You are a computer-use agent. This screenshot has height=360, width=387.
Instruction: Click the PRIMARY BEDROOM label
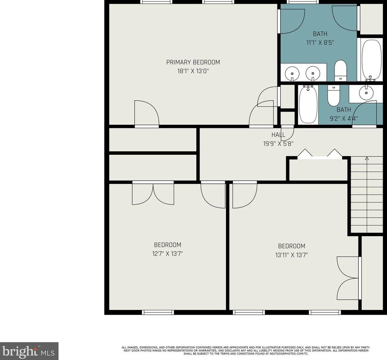193,62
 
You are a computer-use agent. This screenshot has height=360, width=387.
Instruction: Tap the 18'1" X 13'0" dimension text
193,71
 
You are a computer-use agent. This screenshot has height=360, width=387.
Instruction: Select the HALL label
278,135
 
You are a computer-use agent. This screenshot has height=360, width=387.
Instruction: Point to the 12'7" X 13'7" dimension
167,253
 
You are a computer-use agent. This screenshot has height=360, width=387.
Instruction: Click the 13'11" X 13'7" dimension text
292,255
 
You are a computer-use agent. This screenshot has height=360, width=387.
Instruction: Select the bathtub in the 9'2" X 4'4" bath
308,104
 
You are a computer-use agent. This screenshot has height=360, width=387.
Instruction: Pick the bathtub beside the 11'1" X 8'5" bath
371,60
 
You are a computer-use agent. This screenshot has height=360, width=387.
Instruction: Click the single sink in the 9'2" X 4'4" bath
366,92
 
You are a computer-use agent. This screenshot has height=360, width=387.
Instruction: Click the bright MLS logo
29,351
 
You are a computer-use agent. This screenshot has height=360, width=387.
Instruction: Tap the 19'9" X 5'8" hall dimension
278,144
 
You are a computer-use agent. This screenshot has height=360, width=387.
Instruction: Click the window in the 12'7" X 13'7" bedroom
158,312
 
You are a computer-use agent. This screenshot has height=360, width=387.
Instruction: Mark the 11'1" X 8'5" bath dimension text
320,43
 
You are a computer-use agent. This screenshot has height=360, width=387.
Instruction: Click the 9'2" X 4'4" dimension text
344,119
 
